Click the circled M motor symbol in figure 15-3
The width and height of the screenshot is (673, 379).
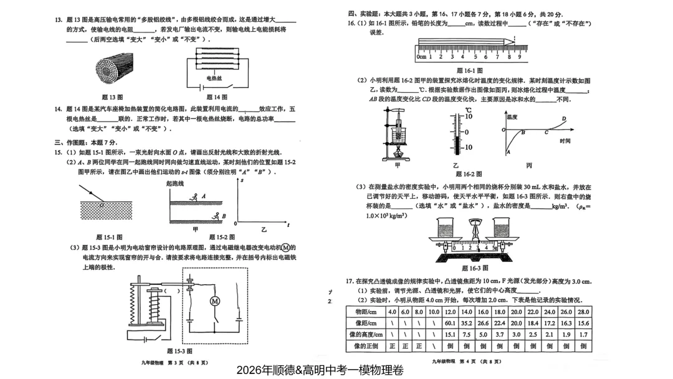[215, 301]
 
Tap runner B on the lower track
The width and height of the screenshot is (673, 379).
[215, 217]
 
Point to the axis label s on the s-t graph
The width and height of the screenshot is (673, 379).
[242, 180]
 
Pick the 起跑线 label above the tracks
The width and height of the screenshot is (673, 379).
[175, 184]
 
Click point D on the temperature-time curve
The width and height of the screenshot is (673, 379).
[564, 119]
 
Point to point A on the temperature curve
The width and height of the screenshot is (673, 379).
[508, 152]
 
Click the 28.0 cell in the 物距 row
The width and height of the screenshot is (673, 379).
[583, 312]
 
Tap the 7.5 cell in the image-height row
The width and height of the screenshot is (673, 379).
[466, 335]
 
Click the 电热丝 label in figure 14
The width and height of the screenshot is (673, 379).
[214, 79]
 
